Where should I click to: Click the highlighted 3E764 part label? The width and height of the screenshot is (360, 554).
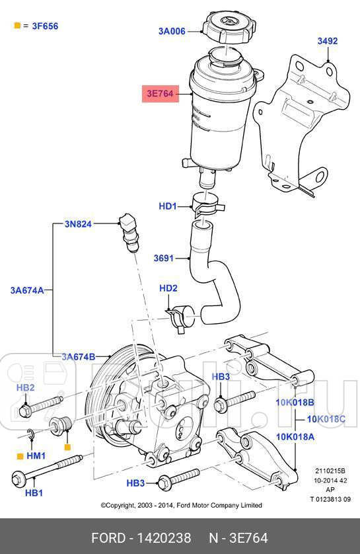[x=160, y=94]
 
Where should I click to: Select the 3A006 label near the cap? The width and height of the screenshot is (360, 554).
[x=172, y=30]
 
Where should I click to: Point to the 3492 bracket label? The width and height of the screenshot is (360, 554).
[x=327, y=41]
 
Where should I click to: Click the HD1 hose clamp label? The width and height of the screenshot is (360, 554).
[x=168, y=206]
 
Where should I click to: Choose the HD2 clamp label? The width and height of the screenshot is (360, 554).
[x=168, y=288]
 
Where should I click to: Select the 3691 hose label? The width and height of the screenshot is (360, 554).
[x=163, y=258]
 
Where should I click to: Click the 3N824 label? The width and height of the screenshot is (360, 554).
[x=77, y=224]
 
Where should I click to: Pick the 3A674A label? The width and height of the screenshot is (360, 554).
[x=26, y=290]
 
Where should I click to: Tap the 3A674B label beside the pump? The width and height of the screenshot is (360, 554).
[x=79, y=357]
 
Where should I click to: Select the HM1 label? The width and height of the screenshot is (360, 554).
[x=36, y=456]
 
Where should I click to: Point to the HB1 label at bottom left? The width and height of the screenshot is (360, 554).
[x=33, y=493]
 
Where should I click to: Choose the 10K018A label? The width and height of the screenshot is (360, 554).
[x=295, y=436]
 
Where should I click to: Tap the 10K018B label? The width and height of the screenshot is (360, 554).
[x=295, y=402]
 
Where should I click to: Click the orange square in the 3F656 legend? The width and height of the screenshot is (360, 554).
[x=17, y=26]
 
